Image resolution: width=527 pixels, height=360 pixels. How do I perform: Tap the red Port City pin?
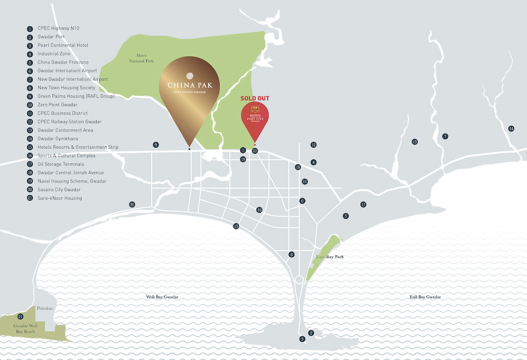point(255,117)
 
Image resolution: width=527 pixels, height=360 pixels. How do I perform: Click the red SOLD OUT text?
point(255,98)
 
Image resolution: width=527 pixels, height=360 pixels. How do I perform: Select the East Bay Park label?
point(330,257)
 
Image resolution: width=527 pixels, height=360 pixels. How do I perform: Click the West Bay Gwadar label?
point(162,297)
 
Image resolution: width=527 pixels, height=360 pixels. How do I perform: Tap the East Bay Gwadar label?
point(425,297)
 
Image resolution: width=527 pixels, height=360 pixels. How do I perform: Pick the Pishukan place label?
point(45,308)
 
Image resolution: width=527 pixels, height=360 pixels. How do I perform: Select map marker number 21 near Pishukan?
point(20,317)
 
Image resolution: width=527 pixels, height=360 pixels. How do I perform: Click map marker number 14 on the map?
point(511,129)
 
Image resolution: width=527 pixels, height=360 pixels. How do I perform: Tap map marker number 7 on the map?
point(445,137)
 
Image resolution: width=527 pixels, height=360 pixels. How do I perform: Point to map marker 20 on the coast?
point(132,205)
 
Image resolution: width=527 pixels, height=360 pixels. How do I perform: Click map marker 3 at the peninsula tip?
point(302,339)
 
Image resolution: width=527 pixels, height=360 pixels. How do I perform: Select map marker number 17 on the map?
point(363,205)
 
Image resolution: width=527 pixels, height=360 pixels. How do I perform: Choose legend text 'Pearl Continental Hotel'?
point(62,45)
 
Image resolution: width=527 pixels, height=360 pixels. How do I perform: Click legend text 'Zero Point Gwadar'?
point(57,105)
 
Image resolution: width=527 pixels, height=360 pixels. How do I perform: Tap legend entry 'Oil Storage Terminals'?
point(61,164)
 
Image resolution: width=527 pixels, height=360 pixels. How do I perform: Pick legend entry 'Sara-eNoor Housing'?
point(59,198)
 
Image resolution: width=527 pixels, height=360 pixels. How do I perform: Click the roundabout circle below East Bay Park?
point(299,279)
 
